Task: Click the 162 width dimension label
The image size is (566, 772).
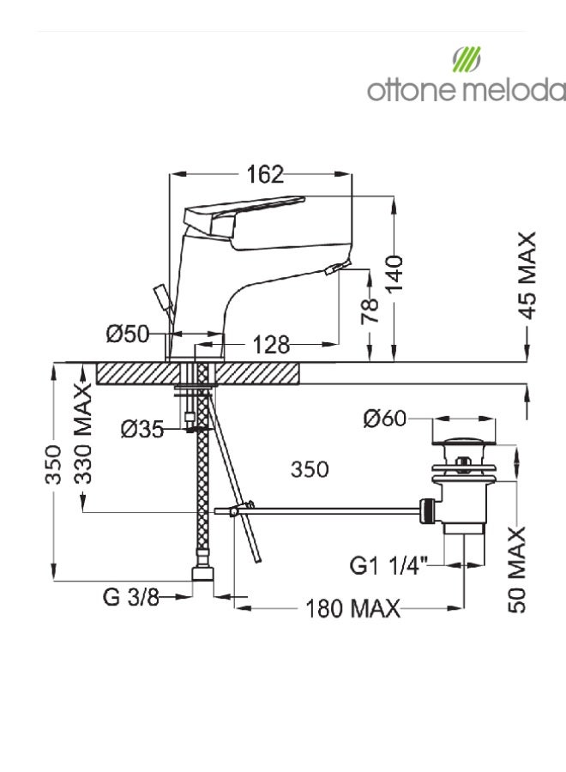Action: point(265,174)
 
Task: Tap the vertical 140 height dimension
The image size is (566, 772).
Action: point(394,274)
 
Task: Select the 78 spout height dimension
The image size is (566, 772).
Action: point(370,311)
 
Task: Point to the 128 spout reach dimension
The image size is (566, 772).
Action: point(271,345)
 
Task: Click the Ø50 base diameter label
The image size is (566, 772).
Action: point(128,334)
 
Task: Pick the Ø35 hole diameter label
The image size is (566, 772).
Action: point(142,429)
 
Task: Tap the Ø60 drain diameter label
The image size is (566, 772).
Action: point(385,419)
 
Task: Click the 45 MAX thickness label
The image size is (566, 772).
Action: point(527,275)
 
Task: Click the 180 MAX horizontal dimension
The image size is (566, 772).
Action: point(352,608)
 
